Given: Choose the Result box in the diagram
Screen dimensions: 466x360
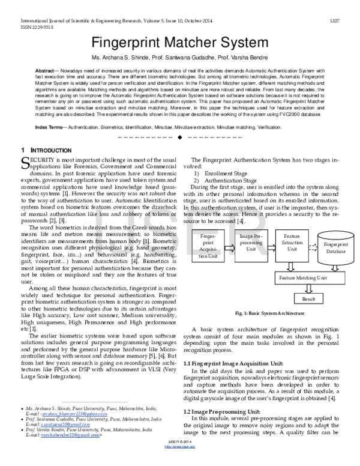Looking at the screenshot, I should [308, 298].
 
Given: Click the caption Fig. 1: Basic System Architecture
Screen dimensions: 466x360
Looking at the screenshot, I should [270, 313].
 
